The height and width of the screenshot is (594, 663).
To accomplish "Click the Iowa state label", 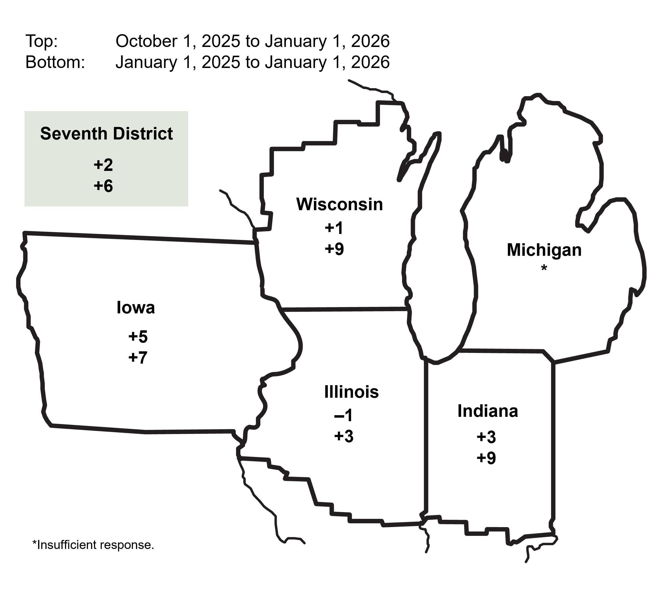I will coord(135,308).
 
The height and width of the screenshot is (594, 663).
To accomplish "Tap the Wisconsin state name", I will coord(339,205).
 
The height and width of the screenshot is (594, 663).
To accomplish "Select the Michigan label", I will coord(544,250).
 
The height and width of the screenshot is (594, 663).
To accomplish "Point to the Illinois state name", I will coord(351,392).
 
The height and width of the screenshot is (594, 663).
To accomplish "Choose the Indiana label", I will coord(488,411).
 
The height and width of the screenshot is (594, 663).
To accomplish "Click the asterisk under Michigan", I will coord(544,269).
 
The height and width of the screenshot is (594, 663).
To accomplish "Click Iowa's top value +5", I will coord(138,337).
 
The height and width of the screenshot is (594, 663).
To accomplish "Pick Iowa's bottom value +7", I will coord(138,357).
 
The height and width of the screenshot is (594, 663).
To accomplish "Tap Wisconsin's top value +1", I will coord(334,228).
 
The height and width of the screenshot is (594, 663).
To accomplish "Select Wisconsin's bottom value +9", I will coord(334,249).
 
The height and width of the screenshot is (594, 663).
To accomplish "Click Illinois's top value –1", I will coord(344,415).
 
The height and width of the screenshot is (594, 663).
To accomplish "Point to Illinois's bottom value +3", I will coord(344,436).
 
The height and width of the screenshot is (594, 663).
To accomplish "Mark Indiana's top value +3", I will coord(486,437).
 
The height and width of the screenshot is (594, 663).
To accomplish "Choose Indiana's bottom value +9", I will coord(486,458).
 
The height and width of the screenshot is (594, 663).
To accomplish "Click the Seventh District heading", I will coord(107,134).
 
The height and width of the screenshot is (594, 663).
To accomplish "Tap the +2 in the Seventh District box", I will coord(103,165).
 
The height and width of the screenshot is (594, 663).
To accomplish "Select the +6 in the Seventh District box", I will coord(103,186).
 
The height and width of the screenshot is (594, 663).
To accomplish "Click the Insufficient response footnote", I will coord(93,545).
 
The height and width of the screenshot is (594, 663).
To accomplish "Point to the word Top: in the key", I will coord(42,41).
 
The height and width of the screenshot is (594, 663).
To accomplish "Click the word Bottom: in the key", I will coord(55,62).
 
